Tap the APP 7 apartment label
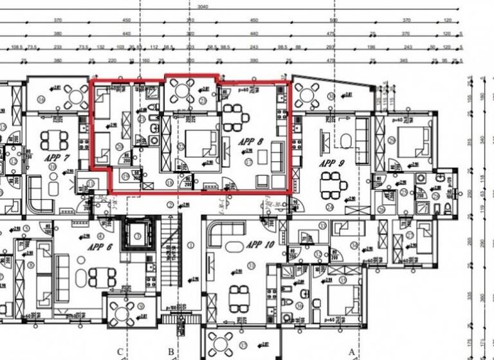(x=56, y=157)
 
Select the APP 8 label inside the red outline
(x=251, y=141)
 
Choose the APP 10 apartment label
(x=260, y=245)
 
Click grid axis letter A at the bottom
(x=352, y=351)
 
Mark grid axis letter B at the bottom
(x=170, y=351)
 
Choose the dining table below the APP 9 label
(x=334, y=188)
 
